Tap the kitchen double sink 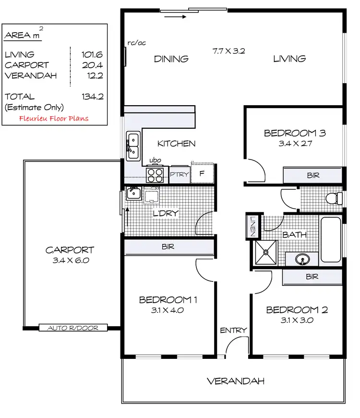132,146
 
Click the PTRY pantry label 180,174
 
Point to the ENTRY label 233,330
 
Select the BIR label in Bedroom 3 312,176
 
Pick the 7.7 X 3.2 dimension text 229,50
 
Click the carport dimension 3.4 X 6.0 70,261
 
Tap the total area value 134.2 93,97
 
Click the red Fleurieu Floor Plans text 54,118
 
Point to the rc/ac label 137,43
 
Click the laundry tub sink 133,194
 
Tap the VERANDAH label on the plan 236,381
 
